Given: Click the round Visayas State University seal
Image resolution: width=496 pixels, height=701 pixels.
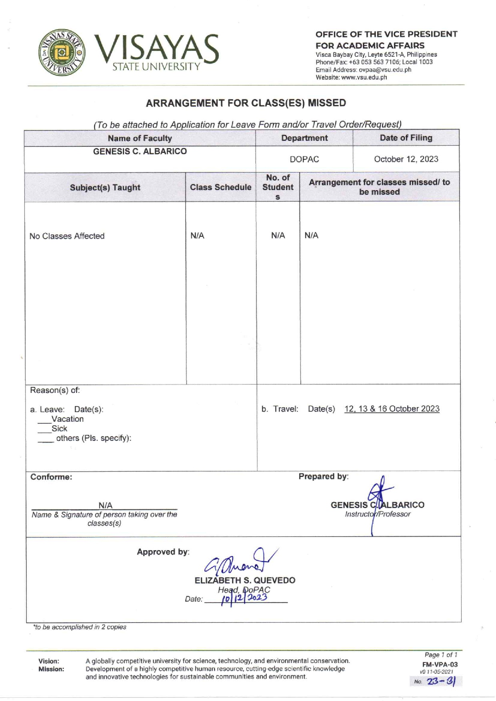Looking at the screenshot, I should click(62, 52).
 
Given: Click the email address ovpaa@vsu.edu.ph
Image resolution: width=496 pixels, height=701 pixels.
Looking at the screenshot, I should click(385, 70).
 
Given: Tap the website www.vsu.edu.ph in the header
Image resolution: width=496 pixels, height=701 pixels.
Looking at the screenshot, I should click(364, 77).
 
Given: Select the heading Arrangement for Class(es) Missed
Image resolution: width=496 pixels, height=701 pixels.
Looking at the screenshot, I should click(246, 103).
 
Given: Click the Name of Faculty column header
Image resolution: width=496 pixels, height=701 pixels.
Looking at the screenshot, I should click(140, 138).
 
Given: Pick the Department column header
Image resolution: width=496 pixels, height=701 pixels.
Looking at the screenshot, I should click(304, 138).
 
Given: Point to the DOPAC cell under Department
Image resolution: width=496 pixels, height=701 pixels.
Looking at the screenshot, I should click(304, 159).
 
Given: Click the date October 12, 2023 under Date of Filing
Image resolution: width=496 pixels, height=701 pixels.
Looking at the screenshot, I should click(406, 159).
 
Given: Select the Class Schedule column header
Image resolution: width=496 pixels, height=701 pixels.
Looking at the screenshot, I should click(220, 187).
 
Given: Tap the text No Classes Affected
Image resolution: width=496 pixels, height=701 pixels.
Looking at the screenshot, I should click(67, 236).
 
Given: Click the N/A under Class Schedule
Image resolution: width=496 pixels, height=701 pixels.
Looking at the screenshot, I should click(197, 236).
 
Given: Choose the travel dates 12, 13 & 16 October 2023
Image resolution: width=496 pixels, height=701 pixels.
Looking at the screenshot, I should click(392, 409).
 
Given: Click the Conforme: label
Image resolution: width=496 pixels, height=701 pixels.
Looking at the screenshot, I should click(51, 477).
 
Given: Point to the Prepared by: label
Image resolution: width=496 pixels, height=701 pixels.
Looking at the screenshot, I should click(323, 477).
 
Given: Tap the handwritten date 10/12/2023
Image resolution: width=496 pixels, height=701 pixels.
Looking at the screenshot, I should click(244, 598).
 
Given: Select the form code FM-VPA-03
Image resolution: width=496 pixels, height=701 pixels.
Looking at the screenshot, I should click(440, 665).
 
